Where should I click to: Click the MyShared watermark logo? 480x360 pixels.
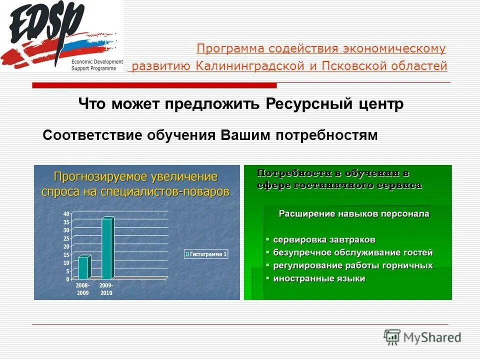tap(422, 336)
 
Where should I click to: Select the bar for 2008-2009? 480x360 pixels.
tap(83, 267)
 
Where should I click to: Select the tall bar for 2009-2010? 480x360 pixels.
tap(107, 248)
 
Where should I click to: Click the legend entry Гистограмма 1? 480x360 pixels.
tap(205, 254)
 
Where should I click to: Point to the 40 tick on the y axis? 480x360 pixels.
tap(66, 214)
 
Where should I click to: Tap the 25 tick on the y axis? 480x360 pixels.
tap(66, 238)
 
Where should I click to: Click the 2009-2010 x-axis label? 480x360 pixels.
tap(106, 289)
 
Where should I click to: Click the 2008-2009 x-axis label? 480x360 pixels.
tap(82, 289)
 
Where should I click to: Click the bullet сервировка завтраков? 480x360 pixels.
tap(324, 240)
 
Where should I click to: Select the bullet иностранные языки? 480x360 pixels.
tap(318, 278)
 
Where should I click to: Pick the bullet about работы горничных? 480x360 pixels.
tap(352, 265)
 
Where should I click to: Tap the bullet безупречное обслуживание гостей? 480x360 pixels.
tap(352, 252)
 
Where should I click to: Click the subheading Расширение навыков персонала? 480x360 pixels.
tap(353, 213)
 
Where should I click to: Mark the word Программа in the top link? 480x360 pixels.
tap(230, 48)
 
